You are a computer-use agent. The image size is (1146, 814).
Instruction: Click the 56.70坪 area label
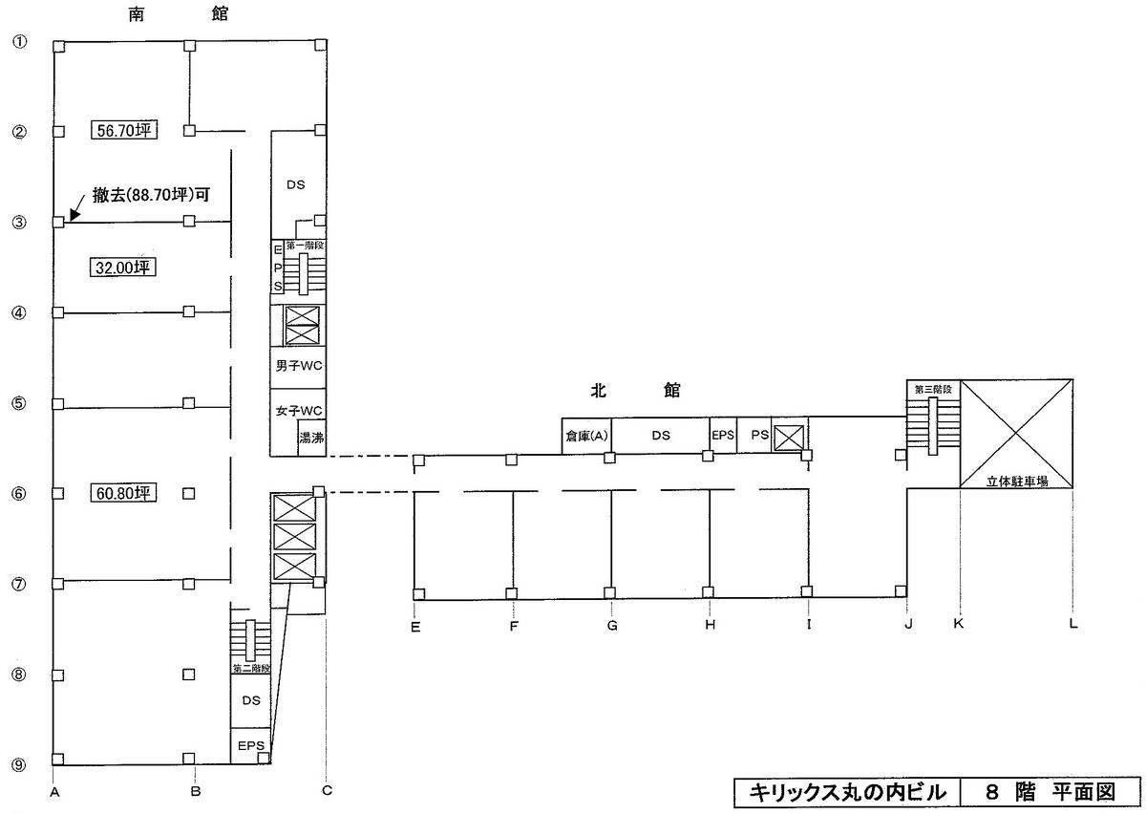pyautogui.click(x=124, y=130)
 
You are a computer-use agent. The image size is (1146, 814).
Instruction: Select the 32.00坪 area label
pyautogui.click(x=123, y=268)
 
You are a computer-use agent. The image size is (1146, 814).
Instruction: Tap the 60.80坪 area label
pyautogui.click(x=123, y=493)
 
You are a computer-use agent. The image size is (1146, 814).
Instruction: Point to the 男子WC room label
pyautogui.click(x=299, y=366)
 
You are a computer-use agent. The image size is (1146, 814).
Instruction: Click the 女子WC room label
pyautogui.click(x=299, y=411)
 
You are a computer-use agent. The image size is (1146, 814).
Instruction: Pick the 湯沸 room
pyautogui.click(x=311, y=438)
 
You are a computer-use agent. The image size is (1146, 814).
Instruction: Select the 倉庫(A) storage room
pyautogui.click(x=586, y=436)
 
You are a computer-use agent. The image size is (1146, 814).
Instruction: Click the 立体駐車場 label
pyautogui.click(x=1017, y=481)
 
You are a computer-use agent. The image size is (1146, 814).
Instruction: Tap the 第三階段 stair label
pyautogui.click(x=933, y=389)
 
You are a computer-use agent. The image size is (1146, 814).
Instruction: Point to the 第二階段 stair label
pyautogui.click(x=251, y=669)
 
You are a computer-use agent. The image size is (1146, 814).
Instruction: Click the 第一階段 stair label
pyautogui.click(x=305, y=246)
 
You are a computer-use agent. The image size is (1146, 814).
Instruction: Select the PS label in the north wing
pyautogui.click(x=760, y=435)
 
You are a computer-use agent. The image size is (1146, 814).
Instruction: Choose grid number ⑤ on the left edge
pyautogui.click(x=19, y=403)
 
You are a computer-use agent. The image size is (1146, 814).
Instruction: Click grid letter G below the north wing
pyautogui.click(x=612, y=625)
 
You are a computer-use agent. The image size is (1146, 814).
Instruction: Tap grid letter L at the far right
pyautogui.click(x=1073, y=624)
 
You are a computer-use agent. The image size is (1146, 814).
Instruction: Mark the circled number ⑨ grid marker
pyautogui.click(x=19, y=765)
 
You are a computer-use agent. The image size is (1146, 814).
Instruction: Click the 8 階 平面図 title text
pyautogui.click(x=1050, y=792)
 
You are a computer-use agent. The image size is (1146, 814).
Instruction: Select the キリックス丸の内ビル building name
pyautogui.click(x=848, y=792)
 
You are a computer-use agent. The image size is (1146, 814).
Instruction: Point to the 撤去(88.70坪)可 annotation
pyautogui.click(x=152, y=195)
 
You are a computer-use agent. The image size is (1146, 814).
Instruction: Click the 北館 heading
pyautogui.click(x=635, y=390)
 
